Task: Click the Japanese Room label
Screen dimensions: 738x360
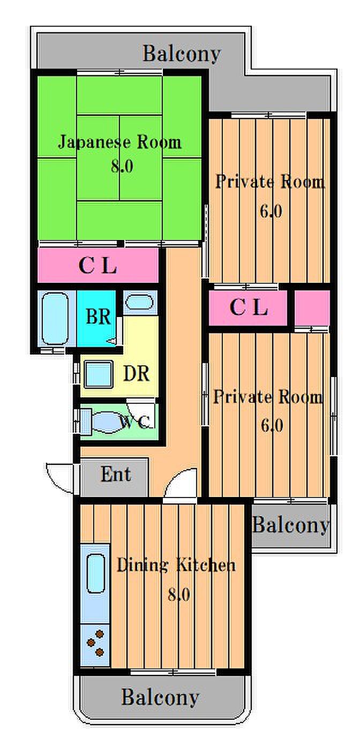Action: pyautogui.click(x=119, y=142)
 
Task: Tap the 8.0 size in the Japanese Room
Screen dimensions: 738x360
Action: pyautogui.click(x=122, y=167)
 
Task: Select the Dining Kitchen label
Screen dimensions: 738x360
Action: pyautogui.click(x=176, y=565)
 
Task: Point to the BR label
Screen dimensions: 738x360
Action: pyautogui.click(x=99, y=317)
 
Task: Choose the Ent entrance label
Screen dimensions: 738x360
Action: pyautogui.click(x=116, y=475)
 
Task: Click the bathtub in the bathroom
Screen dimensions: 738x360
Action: pyautogui.click(x=56, y=320)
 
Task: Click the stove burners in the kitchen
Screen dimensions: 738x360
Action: pyautogui.click(x=96, y=644)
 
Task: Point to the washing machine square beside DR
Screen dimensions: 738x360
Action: pyautogui.click(x=98, y=374)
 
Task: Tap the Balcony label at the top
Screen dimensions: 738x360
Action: pyautogui.click(x=182, y=54)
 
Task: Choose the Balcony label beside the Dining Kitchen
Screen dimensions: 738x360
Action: pyautogui.click(x=290, y=525)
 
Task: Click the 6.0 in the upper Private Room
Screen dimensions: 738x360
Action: pyautogui.click(x=271, y=212)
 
